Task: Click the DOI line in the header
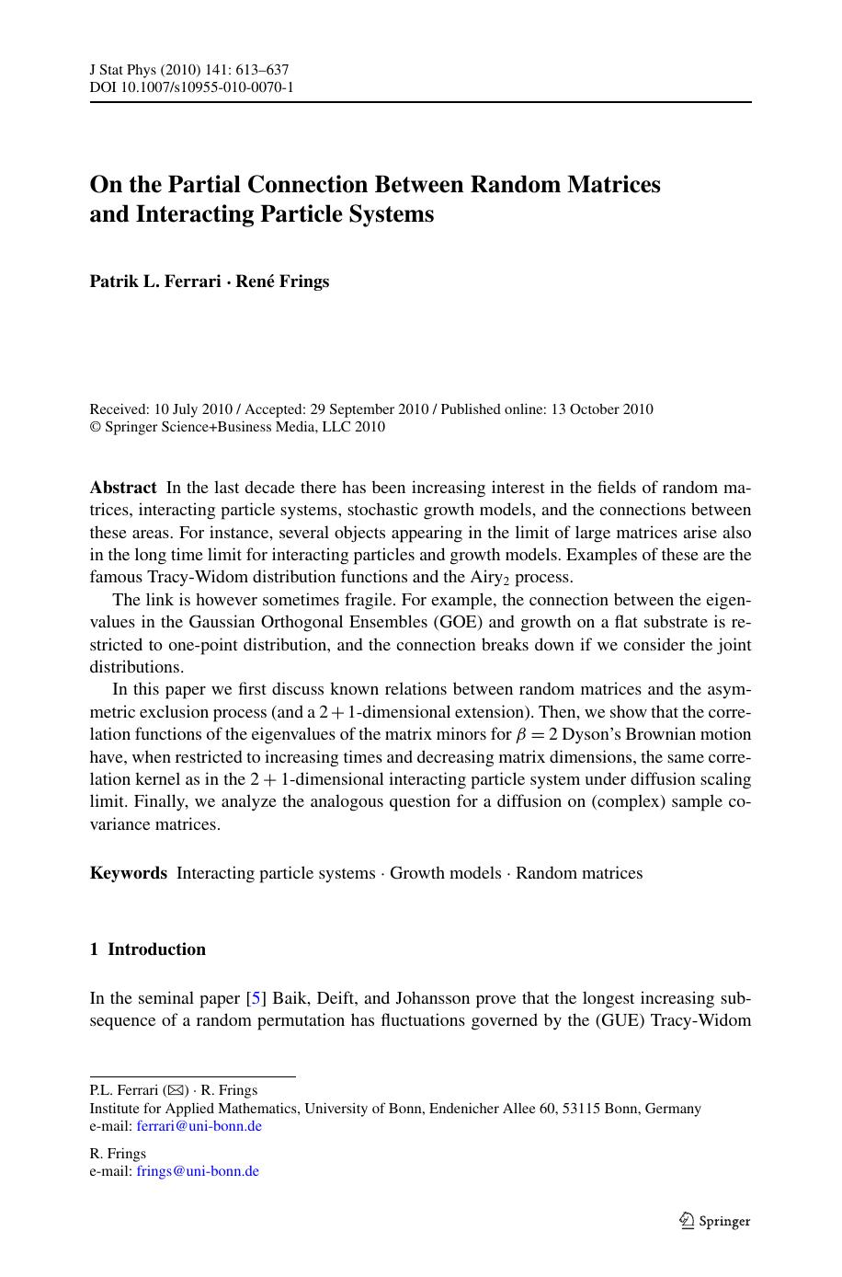[191, 87]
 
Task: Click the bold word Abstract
[123, 488]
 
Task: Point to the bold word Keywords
[129, 873]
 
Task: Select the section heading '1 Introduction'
[147, 949]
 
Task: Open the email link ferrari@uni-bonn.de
[199, 1126]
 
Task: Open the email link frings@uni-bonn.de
[197, 1171]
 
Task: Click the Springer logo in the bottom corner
[714, 1221]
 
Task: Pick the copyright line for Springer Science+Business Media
[237, 427]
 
